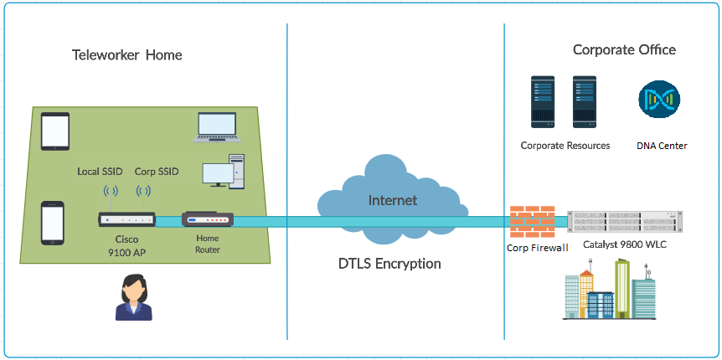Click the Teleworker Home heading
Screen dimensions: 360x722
[x=126, y=55]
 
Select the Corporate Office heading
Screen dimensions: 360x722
[x=624, y=50]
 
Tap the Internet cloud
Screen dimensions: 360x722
[x=393, y=201]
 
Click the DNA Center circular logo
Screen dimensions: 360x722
[x=660, y=100]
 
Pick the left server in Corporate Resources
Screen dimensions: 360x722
[x=544, y=102]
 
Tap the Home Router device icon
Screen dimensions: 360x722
[x=208, y=220]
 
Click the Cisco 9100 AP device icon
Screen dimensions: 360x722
[x=126, y=219]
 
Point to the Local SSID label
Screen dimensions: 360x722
[x=100, y=172]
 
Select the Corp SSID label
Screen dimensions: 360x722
[x=157, y=172]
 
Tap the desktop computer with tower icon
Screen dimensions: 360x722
[x=224, y=171]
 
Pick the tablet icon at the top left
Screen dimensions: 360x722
[x=54, y=131]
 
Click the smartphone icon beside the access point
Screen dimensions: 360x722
[x=53, y=222]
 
